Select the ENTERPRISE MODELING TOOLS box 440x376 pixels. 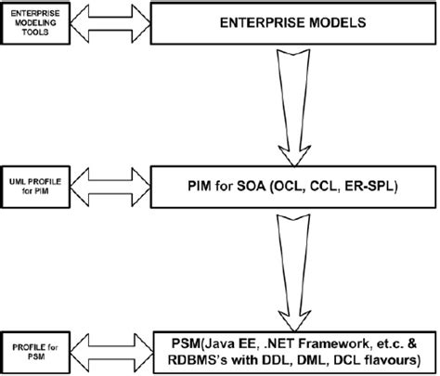(x=35, y=21)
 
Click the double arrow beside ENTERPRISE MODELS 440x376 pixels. (x=110, y=21)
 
